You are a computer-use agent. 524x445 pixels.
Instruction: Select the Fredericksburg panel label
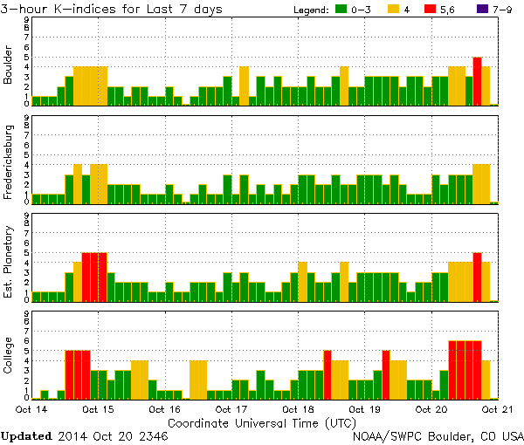click(x=8, y=160)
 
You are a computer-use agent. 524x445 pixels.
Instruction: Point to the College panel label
click(x=8, y=356)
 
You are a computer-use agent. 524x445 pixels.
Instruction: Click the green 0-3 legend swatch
click(x=341, y=10)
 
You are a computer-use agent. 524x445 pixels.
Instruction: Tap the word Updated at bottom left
click(x=26, y=435)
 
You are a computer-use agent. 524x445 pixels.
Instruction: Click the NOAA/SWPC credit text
click(x=438, y=435)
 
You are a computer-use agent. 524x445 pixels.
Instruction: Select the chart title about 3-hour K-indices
click(x=111, y=10)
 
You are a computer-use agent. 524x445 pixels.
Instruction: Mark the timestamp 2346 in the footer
click(x=150, y=435)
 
